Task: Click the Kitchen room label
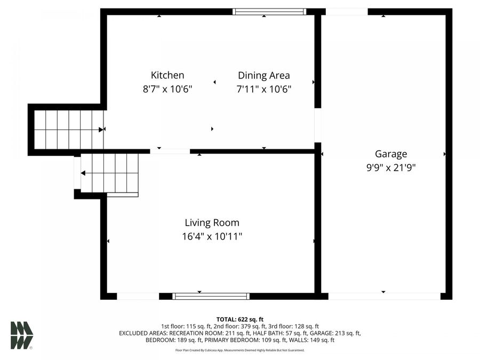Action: click(x=167, y=75)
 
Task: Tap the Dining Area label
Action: click(x=263, y=75)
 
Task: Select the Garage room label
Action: click(x=390, y=154)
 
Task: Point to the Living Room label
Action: click(x=212, y=222)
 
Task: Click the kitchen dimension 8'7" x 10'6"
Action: click(x=167, y=89)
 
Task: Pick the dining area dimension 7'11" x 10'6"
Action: click(x=263, y=89)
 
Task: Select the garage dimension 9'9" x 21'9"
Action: click(x=390, y=167)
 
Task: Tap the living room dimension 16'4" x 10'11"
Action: click(x=212, y=236)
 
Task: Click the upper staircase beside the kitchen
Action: click(x=68, y=129)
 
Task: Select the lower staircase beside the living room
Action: click(x=109, y=173)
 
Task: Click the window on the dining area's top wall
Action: click(x=269, y=11)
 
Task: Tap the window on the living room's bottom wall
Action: click(x=211, y=296)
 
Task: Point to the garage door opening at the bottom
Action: click(x=384, y=296)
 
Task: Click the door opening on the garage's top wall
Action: click(x=347, y=11)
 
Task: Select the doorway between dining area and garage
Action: click(x=318, y=125)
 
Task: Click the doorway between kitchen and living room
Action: click(x=170, y=151)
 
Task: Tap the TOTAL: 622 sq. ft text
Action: click(x=239, y=319)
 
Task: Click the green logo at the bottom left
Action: click(x=22, y=335)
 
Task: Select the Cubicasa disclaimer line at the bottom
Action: click(x=239, y=350)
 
